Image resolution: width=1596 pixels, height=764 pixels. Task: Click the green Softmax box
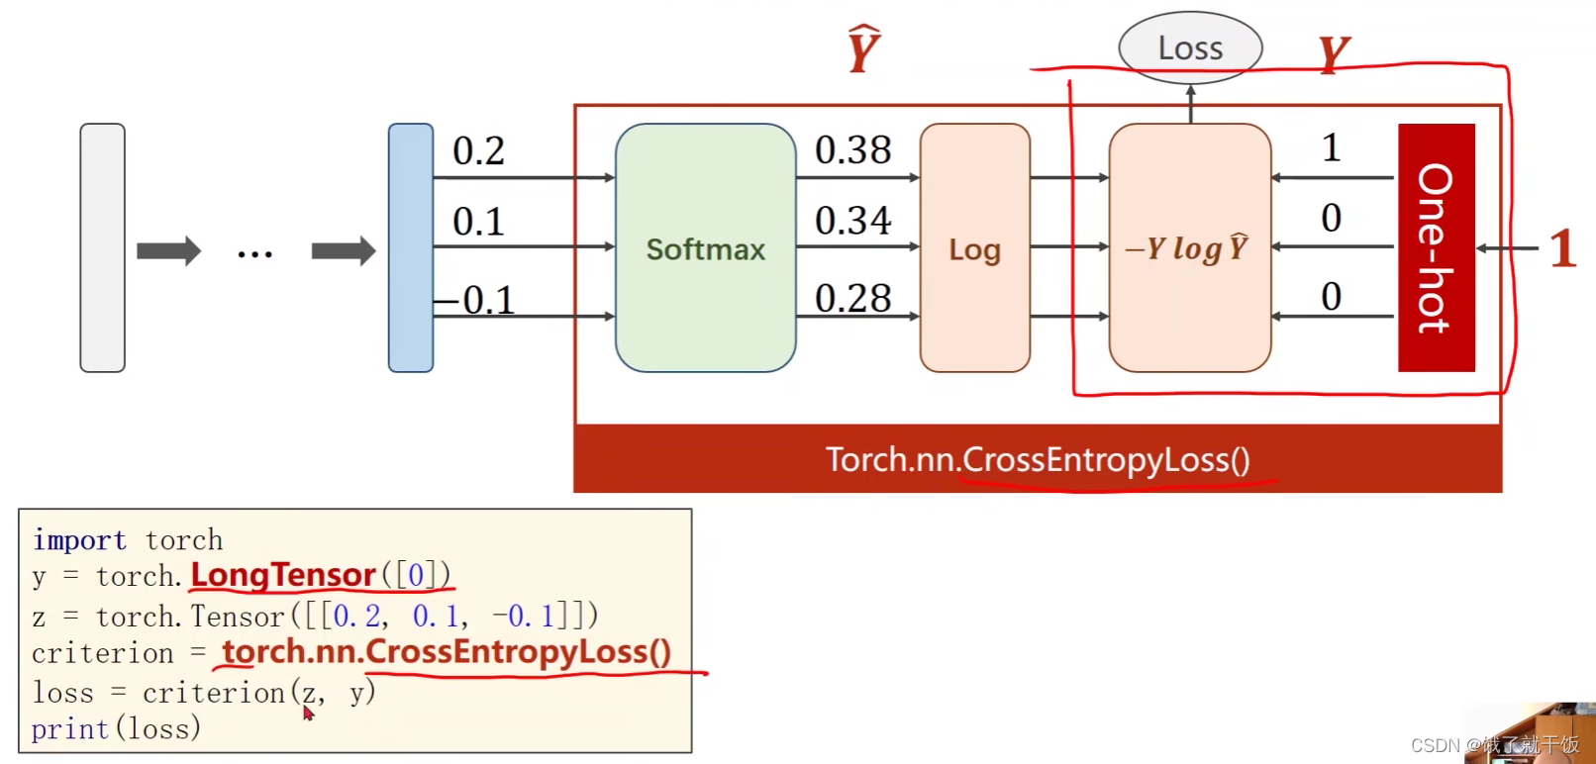[x=705, y=248]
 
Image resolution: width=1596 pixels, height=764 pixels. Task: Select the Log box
[x=974, y=248]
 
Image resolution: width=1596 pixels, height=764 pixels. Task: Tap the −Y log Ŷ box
[x=1189, y=248]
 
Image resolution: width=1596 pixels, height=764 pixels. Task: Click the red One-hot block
[x=1436, y=247]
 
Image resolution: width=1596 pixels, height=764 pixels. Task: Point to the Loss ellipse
[x=1190, y=48]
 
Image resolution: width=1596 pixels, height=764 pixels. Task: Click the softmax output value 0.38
[x=852, y=150]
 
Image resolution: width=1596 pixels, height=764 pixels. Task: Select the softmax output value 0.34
[x=852, y=221]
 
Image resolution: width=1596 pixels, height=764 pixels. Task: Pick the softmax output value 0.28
[x=852, y=298]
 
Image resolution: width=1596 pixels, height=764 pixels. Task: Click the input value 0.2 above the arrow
[x=478, y=151]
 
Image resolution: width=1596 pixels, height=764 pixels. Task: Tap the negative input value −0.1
[x=475, y=300]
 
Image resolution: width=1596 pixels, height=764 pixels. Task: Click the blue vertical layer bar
[x=411, y=247]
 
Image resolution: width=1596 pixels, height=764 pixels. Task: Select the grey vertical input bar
[x=102, y=247]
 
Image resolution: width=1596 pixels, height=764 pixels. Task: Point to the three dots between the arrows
[x=254, y=254]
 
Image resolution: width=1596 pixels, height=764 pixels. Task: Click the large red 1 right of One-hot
[x=1562, y=248]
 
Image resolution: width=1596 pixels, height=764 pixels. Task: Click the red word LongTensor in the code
[x=283, y=575]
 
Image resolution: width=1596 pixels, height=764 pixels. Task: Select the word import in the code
[x=79, y=540]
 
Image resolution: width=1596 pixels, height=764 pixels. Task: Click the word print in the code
[x=69, y=729]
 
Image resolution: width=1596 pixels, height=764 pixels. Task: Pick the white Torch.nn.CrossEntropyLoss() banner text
[x=1038, y=459]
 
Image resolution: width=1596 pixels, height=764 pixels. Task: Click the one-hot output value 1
[x=1331, y=148]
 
